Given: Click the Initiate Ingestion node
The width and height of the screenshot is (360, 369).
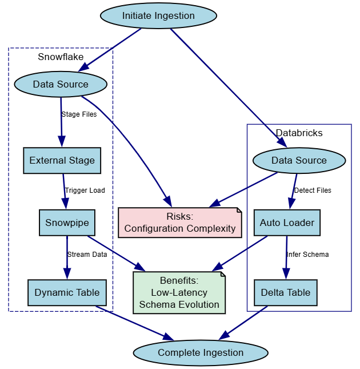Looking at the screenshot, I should coord(158,16).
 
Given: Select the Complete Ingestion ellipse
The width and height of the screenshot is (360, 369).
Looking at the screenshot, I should coord(201,352).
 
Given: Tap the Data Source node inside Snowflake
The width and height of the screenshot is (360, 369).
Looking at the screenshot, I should coord(61,85).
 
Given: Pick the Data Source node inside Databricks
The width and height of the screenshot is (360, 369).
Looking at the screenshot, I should coord(299,160).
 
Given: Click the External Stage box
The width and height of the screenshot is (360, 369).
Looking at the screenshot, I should coord(62,160).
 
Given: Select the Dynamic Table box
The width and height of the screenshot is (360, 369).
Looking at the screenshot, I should coord(67,292).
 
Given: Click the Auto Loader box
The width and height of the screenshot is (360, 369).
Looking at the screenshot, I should coord(287,223).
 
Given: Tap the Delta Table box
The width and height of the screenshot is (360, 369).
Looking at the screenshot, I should coord(285,292).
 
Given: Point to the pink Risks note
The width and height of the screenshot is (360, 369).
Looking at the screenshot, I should coord(180,223).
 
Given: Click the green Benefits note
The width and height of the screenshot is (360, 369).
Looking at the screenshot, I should coord(179,292).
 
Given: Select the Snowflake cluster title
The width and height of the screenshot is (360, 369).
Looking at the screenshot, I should coord(61,57).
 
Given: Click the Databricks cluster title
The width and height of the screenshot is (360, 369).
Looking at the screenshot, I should coord(299,133).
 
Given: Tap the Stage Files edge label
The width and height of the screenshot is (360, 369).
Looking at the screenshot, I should coord(79,114).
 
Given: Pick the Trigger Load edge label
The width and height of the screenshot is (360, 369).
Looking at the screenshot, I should coord(85,191).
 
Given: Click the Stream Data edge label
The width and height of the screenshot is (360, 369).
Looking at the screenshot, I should coord(87,255).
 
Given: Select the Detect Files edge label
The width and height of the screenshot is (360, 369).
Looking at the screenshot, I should coord(312,191).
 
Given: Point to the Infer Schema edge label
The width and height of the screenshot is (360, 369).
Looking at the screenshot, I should coord(307,255).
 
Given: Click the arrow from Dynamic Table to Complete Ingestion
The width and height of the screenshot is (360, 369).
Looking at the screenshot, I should coord(134,323).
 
